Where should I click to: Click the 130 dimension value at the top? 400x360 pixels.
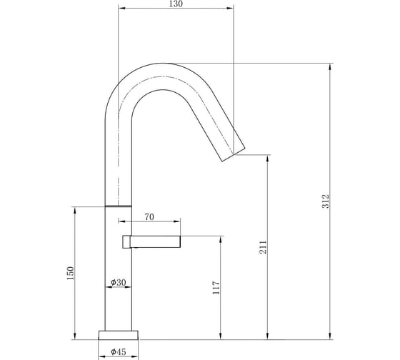point(176,4)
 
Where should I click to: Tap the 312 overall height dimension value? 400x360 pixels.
point(326,201)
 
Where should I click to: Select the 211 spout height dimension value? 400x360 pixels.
point(263,247)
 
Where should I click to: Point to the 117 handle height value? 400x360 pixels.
point(216,288)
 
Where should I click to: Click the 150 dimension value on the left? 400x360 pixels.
point(70,273)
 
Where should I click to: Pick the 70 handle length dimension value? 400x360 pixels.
point(149,217)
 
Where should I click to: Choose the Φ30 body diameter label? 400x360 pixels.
point(119,282)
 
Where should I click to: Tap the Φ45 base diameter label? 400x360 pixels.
point(119,351)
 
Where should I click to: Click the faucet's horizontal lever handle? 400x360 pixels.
point(151,241)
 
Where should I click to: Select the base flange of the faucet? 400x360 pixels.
point(119,335)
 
